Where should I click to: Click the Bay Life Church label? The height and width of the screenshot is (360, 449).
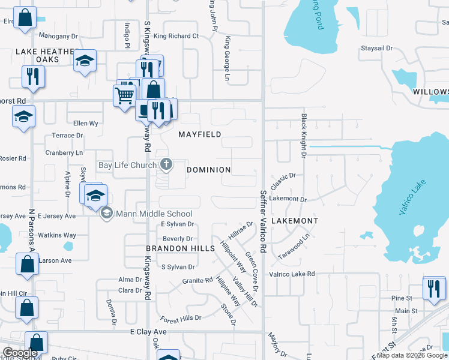[x=127, y=165]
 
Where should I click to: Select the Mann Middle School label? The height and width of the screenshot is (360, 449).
[x=154, y=214]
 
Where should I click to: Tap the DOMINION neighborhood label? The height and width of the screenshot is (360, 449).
[x=208, y=170]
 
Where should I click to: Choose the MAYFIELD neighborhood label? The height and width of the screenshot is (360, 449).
[x=200, y=134]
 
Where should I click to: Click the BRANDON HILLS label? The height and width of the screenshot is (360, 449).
[x=181, y=248]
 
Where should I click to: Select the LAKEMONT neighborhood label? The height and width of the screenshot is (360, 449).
[x=295, y=221]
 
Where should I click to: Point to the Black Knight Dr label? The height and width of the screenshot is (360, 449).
[x=304, y=136]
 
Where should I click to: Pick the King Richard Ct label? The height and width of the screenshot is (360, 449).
[x=176, y=36]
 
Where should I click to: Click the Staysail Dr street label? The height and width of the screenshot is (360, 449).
[x=376, y=47]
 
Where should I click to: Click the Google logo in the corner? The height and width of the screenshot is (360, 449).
[x=20, y=353]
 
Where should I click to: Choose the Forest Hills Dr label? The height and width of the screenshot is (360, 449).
[x=181, y=317]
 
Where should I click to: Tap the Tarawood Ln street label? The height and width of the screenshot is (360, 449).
[x=294, y=247]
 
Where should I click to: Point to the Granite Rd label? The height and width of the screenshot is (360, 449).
[x=197, y=280]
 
